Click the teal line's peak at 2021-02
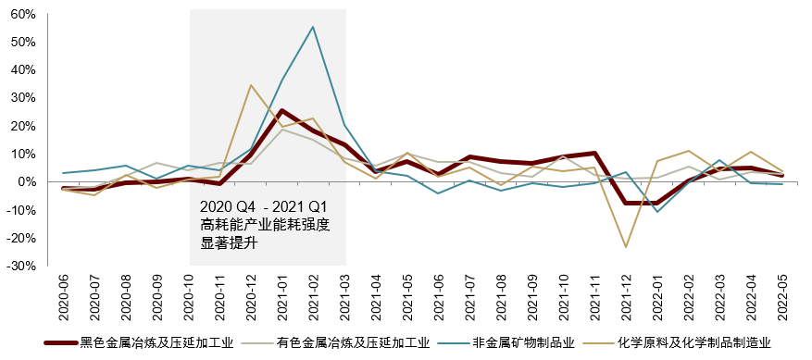(x=313, y=26)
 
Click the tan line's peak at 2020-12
(x=251, y=85)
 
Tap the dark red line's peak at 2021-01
(x=281, y=111)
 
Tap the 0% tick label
(x=27, y=181)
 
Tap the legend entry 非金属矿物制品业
(x=524, y=343)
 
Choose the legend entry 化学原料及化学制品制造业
(x=695, y=343)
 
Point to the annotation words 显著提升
(x=228, y=243)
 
